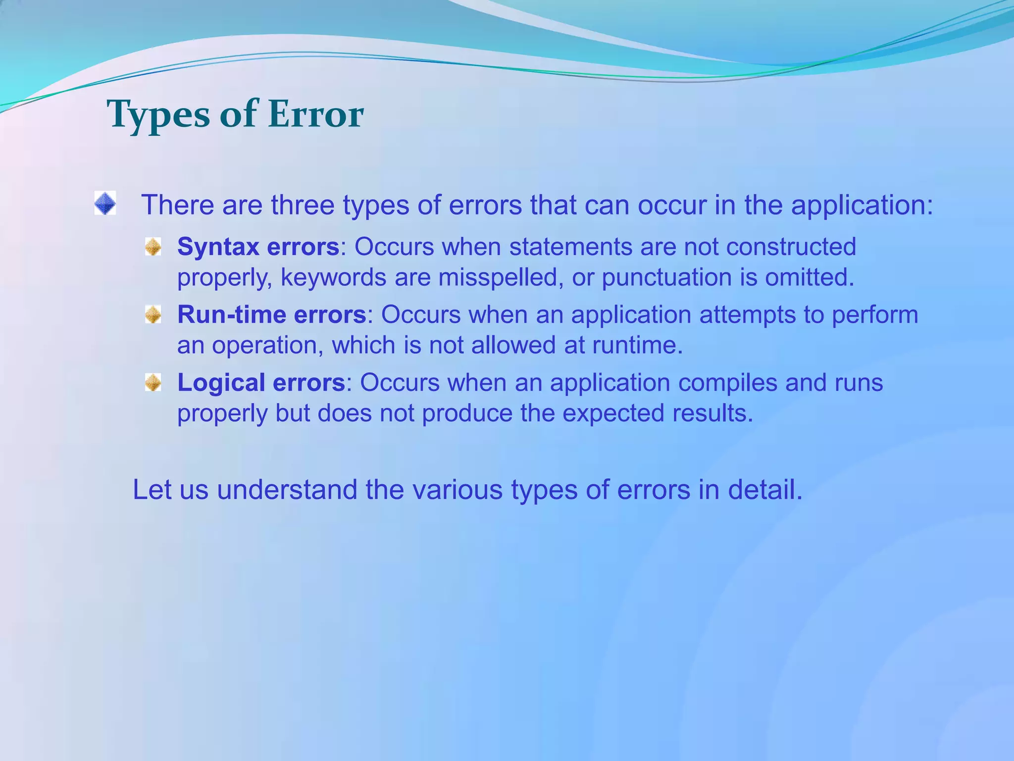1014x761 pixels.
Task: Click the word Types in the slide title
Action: point(158,115)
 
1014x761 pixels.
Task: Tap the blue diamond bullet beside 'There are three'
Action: point(105,203)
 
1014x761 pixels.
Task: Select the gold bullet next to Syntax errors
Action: point(153,246)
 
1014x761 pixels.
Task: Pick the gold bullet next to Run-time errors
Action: point(153,314)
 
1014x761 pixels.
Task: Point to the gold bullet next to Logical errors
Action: point(153,382)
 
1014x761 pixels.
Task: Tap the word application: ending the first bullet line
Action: point(862,205)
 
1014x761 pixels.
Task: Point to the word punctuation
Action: point(666,277)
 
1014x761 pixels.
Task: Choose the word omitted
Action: point(810,277)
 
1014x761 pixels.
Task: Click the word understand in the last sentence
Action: point(287,489)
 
